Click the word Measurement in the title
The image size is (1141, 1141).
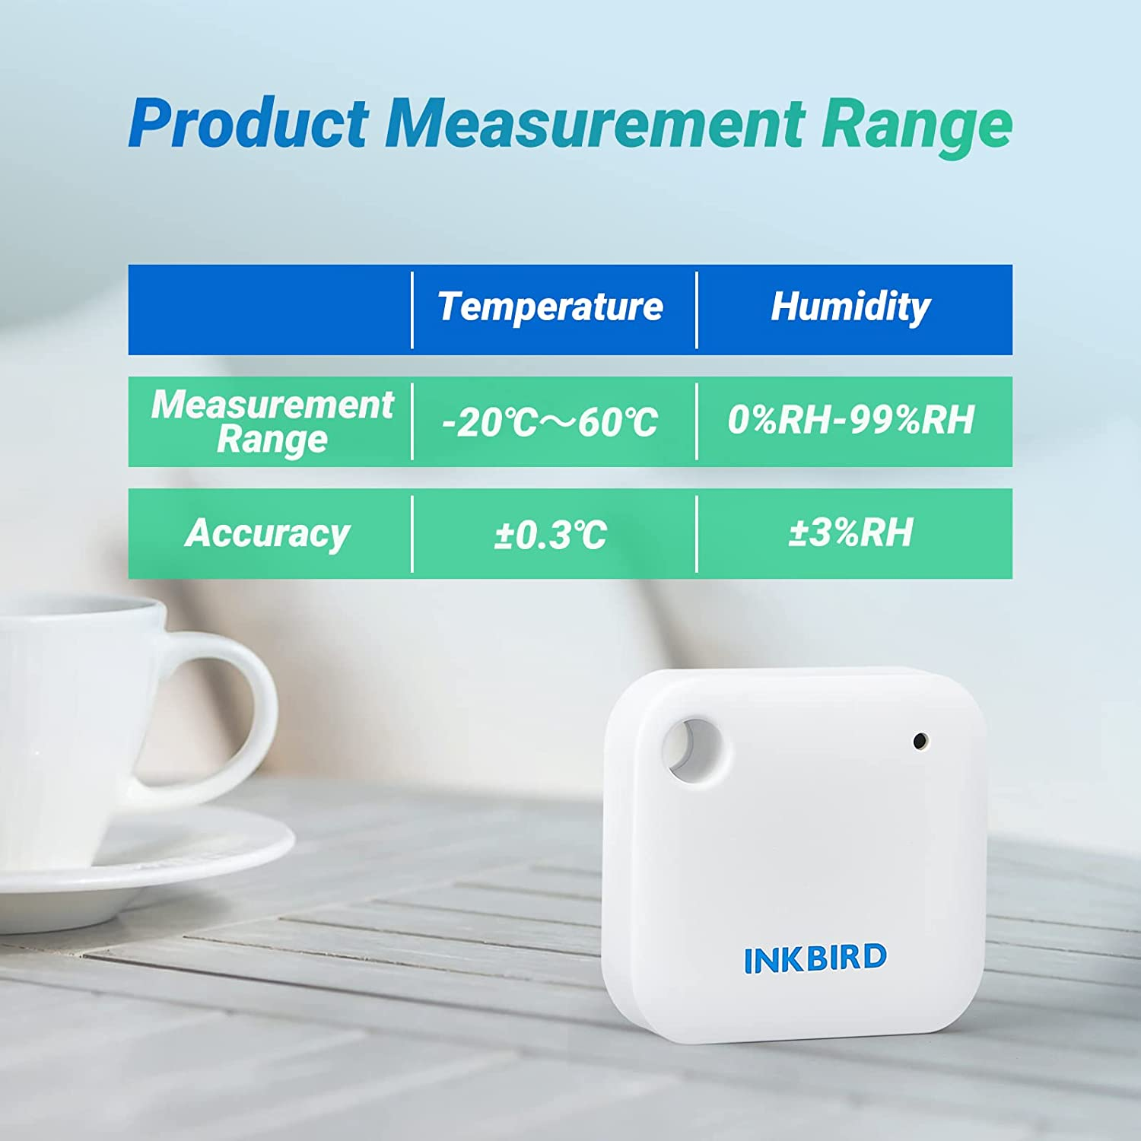pos(594,123)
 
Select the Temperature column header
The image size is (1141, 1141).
pos(550,307)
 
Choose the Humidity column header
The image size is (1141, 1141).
pos(850,307)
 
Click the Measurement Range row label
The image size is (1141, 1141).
pos(272,421)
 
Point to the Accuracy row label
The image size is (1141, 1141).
pos(267,533)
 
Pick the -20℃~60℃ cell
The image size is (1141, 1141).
pos(550,422)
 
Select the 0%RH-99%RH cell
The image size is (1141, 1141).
pos(850,421)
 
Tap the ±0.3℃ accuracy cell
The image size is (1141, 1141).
pos(550,535)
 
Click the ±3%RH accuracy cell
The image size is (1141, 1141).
pos(850,532)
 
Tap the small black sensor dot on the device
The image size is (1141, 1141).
pos(920,739)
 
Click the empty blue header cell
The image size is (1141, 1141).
pos(270,310)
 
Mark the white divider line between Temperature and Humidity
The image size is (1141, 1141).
pos(697,310)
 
